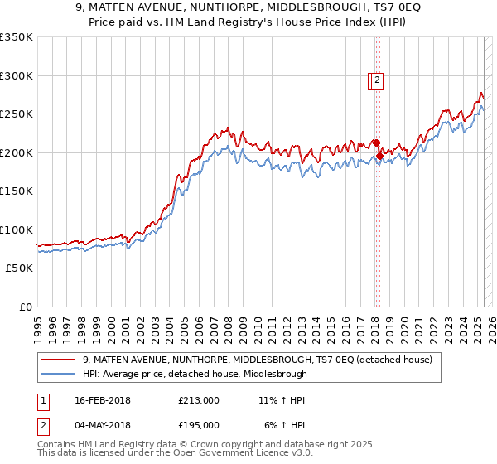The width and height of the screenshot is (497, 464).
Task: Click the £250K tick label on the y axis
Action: (17, 114)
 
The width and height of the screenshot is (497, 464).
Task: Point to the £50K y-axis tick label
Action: (19, 268)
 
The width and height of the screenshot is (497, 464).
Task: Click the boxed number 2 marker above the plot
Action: (377, 80)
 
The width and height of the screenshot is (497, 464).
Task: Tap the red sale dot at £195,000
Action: (379, 155)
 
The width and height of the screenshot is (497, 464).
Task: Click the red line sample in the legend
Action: (58, 360)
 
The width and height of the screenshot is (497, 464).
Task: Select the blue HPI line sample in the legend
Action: (58, 374)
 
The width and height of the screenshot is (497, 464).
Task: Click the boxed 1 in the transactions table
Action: (42, 401)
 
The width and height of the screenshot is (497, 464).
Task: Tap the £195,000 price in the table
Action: (199, 424)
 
